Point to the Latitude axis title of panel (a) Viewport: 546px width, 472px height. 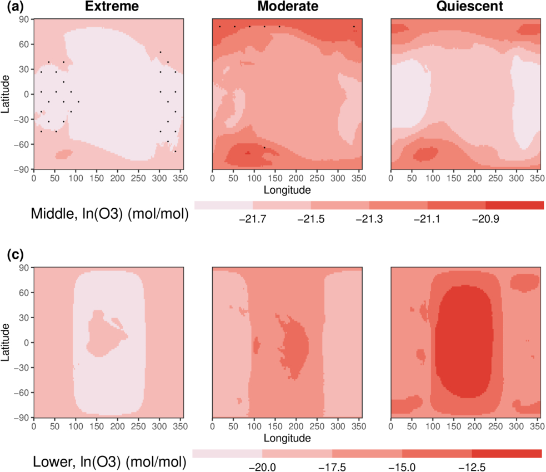(x=6, y=94)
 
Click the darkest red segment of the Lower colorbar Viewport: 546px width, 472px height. (x=507, y=453)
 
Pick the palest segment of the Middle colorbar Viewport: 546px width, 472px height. (x=223, y=205)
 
